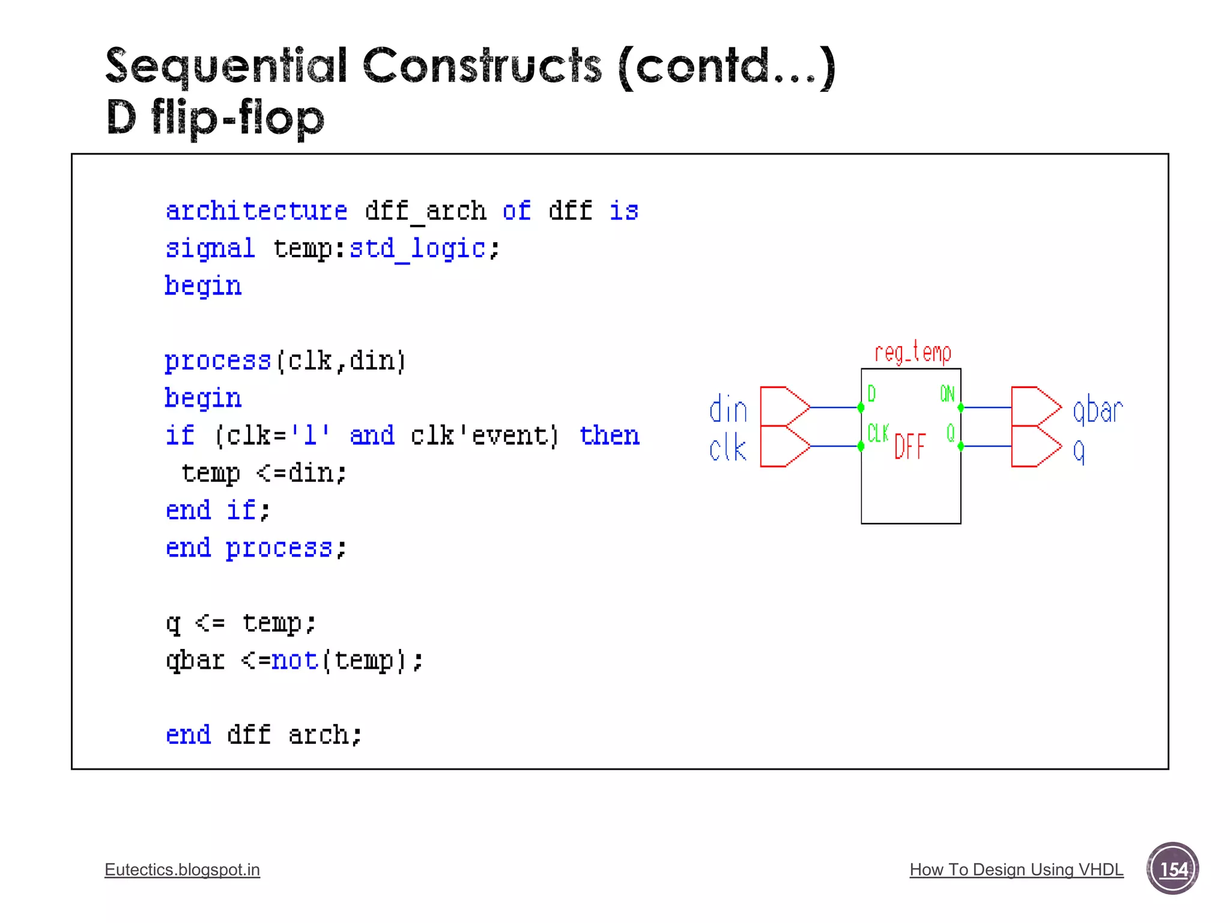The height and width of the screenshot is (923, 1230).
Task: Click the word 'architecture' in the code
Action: click(256, 211)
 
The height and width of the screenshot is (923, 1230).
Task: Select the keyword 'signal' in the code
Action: click(210, 248)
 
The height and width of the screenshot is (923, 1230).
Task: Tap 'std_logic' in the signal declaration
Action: click(417, 248)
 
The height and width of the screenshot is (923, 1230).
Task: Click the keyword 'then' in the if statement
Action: click(609, 435)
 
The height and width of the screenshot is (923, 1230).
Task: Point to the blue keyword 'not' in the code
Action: click(294, 660)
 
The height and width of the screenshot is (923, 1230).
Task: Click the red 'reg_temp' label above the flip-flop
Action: click(912, 353)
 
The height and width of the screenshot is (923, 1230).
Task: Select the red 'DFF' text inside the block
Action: click(910, 447)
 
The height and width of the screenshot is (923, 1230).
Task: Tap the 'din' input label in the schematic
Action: click(728, 410)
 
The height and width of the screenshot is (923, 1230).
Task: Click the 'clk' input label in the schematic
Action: click(727, 448)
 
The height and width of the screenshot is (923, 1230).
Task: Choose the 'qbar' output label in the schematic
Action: click(1097, 410)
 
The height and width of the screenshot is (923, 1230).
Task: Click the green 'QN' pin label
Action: click(947, 394)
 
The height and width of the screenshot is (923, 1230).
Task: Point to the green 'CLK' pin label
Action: click(878, 433)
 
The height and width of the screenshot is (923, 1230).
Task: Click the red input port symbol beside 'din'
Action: click(784, 407)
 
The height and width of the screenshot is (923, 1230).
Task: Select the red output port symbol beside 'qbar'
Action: click(1035, 407)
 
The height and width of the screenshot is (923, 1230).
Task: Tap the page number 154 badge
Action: click(1172, 869)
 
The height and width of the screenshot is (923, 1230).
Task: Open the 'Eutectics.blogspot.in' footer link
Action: click(182, 870)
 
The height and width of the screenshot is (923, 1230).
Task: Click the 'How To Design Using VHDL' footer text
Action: click(1016, 870)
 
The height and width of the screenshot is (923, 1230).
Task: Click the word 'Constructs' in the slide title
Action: click(482, 65)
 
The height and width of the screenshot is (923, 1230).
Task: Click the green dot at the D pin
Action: click(861, 407)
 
